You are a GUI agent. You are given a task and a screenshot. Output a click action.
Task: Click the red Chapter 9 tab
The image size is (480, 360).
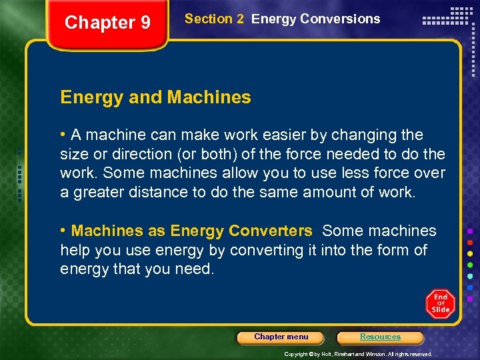[107, 23]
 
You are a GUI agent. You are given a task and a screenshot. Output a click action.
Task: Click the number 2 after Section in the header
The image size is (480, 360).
[240, 19]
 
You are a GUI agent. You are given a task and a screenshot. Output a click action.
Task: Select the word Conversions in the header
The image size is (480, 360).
[340, 19]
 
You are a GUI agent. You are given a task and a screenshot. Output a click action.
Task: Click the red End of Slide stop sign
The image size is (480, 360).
[440, 303]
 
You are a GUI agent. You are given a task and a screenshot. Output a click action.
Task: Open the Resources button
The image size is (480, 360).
[380, 337]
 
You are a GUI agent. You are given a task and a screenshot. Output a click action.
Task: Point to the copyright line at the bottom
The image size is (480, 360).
[358, 354]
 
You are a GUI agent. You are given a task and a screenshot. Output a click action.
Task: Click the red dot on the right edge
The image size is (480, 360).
[470, 241]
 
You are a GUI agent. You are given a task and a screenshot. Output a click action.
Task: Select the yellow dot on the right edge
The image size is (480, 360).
[470, 253]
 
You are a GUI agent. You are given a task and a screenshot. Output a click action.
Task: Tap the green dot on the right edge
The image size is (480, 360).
[470, 265]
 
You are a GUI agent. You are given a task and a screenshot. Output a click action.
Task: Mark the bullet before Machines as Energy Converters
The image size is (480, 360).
[63, 231]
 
